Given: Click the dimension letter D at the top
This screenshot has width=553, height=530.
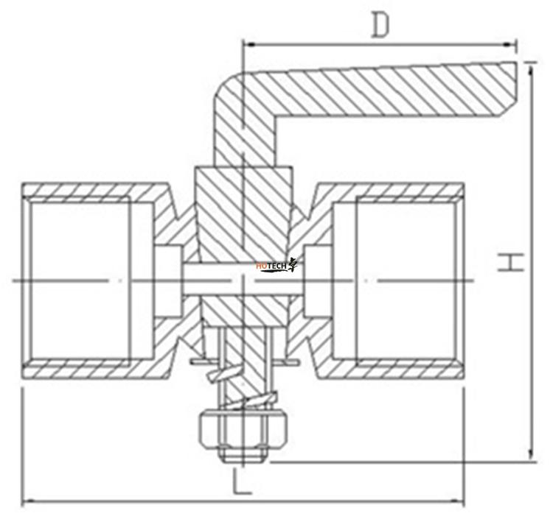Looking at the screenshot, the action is [381, 25].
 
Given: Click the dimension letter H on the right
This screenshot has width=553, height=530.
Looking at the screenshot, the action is [511, 262].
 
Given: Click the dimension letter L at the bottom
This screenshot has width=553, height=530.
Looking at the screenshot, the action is [242, 481].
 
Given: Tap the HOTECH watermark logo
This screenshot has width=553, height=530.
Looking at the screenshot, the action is [276, 265].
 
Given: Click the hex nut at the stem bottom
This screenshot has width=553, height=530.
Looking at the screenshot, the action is [244, 428].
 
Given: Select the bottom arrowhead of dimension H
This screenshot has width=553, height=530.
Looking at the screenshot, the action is [530, 453].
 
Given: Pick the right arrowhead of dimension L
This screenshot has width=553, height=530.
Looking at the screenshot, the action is [457, 500].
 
